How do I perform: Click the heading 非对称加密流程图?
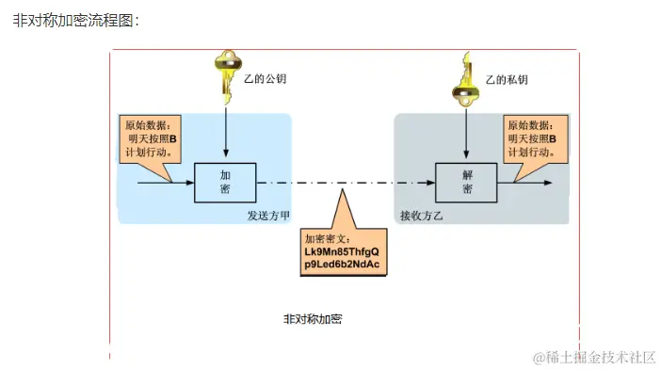(75, 20)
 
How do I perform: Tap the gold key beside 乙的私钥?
(466, 77)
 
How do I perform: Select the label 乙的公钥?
(266, 79)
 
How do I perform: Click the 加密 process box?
(226, 182)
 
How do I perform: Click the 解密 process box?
(466, 182)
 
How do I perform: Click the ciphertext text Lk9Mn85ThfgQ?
(341, 252)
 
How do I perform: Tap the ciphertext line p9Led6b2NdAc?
(341, 266)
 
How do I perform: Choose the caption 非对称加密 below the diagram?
(313, 319)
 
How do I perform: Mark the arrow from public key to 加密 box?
(226, 132)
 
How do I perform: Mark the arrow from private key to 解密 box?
(466, 132)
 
